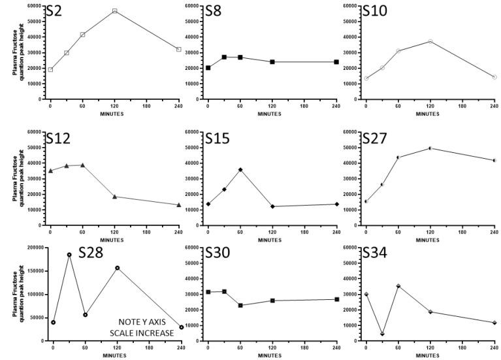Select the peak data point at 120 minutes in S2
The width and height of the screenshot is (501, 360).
[x=114, y=11]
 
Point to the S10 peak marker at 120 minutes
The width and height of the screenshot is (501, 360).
[x=430, y=41]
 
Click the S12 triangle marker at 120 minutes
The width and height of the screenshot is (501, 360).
[x=114, y=197]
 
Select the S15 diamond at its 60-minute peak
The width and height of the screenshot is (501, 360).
[x=240, y=170]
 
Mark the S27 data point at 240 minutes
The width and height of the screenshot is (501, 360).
[x=494, y=160]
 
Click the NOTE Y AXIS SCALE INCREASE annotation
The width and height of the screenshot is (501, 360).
[x=146, y=327]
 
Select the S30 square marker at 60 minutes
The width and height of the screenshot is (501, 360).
[x=240, y=305]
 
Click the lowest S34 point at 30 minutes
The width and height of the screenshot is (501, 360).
[x=382, y=334]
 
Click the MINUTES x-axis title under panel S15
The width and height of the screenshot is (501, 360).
[x=272, y=240]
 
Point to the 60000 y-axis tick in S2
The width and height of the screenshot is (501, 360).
[x=34, y=6]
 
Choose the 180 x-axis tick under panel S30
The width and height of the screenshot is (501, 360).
[x=304, y=348]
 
